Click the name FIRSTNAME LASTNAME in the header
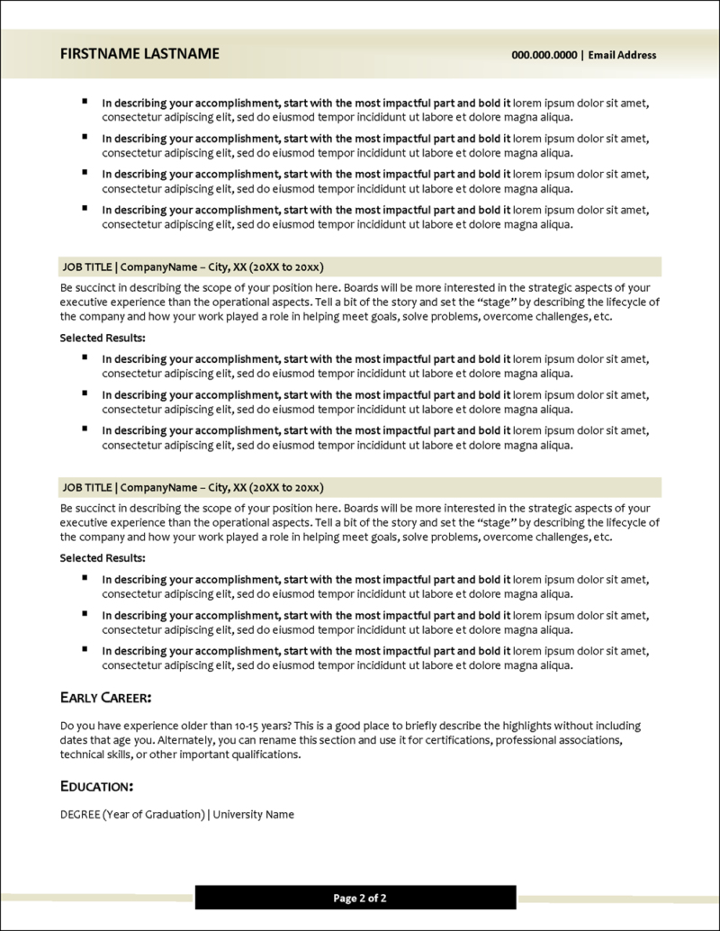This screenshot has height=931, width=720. click(139, 54)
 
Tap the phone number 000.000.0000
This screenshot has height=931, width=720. click(544, 55)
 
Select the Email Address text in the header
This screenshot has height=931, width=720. click(622, 55)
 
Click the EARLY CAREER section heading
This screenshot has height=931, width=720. click(105, 697)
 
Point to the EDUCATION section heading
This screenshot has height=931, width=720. click(96, 786)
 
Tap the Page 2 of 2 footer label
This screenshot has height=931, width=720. click(360, 898)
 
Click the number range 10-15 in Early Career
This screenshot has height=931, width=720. click(241, 726)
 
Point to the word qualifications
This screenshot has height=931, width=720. click(268, 755)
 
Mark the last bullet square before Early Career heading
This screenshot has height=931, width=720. click(85, 649)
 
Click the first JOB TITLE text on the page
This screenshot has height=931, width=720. click(86, 267)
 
